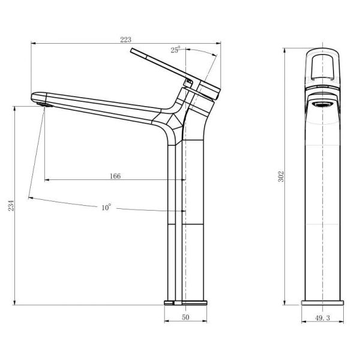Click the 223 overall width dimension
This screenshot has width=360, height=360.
(125, 40)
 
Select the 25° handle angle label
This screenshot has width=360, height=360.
(175, 50)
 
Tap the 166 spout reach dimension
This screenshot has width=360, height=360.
(116, 176)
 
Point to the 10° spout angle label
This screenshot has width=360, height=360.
(106, 207)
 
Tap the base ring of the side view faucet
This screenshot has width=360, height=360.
(186, 300)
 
